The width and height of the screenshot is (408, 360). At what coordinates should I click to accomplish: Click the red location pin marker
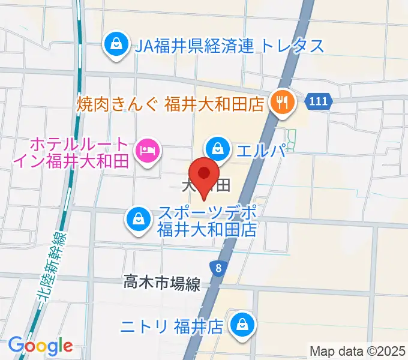[205, 175]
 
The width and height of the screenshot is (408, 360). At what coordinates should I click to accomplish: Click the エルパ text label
[259, 149]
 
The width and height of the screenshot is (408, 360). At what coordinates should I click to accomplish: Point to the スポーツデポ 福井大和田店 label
[207, 220]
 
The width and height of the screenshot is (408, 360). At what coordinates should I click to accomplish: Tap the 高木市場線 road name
[162, 283]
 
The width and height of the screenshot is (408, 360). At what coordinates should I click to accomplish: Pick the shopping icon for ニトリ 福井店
[244, 325]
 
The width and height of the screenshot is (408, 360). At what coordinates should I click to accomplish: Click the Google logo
[40, 345]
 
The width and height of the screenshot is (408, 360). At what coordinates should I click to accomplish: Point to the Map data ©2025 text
[358, 350]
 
